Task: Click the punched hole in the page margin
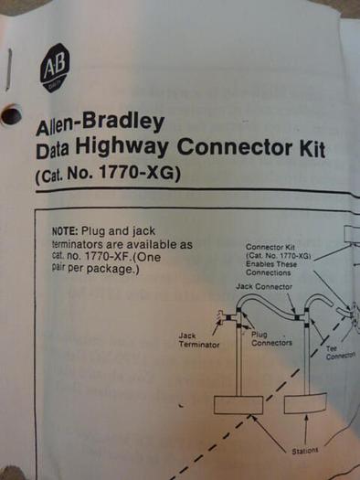(12, 115)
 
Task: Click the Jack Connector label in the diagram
(264, 287)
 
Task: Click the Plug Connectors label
(270, 339)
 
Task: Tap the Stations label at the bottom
(304, 451)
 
